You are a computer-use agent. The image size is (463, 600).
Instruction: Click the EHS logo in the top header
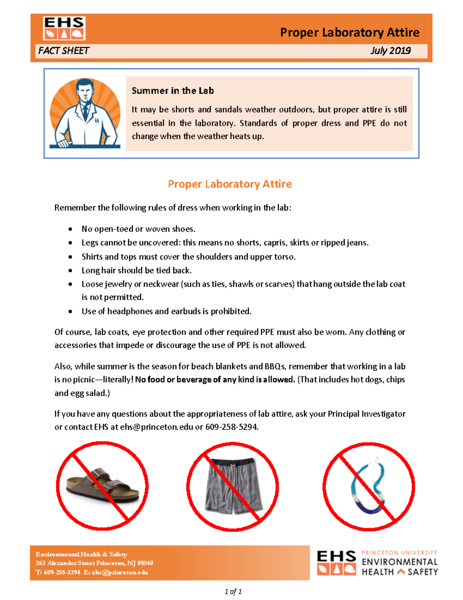64,28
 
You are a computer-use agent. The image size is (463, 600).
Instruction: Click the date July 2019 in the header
390,51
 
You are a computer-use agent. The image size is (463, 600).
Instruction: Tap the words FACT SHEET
64,51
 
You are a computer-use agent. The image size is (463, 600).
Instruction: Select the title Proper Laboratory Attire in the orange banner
350,32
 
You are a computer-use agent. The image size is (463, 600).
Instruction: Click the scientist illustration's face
84,91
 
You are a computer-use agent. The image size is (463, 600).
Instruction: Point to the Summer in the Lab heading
172,91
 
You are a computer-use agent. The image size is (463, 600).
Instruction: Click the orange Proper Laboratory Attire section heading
230,184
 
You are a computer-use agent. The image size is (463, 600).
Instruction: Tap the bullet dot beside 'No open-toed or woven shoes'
70,229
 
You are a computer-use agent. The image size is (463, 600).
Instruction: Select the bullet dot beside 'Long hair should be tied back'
70,270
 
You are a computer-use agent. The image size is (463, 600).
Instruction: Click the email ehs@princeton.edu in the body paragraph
156,427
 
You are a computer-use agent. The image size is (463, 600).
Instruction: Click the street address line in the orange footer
94,563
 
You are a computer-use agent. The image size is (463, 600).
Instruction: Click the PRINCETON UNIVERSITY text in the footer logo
399,553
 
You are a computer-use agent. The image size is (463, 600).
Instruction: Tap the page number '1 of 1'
233,592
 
